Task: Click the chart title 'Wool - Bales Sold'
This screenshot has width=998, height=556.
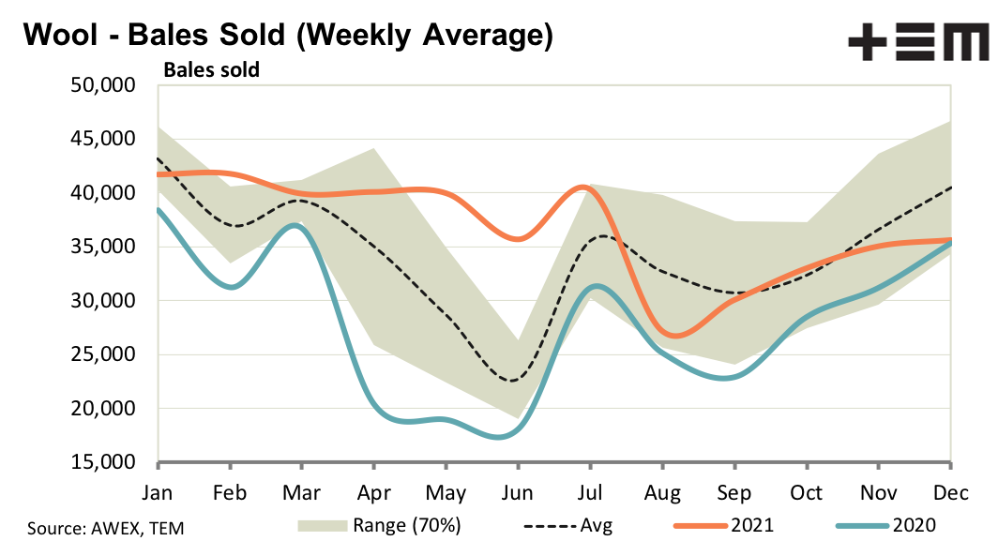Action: [286, 36]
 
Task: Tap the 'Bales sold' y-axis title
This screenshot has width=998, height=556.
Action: [212, 68]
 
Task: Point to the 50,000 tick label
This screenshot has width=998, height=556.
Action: [103, 86]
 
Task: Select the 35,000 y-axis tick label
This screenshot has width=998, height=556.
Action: [103, 248]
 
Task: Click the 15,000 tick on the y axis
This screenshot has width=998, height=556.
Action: [103, 463]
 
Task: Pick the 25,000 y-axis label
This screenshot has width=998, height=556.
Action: [103, 355]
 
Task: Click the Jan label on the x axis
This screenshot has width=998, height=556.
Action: [159, 493]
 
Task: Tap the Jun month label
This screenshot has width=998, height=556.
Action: [517, 493]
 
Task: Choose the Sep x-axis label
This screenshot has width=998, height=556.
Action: [734, 493]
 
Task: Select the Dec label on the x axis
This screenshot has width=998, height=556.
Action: [950, 493]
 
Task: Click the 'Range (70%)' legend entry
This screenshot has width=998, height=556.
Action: [380, 525]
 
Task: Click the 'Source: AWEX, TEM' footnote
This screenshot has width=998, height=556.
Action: [105, 529]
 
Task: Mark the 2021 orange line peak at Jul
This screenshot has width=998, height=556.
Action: [585, 188]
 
